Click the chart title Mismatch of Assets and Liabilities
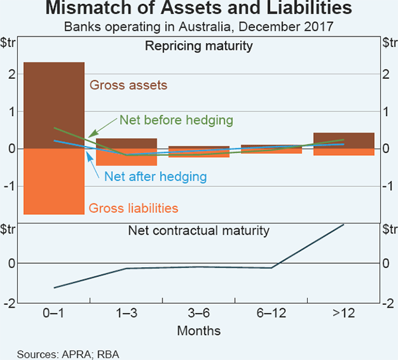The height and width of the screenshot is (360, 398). point(199,10)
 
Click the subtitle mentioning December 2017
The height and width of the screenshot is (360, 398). point(199,28)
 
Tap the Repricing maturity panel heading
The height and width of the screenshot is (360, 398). point(199,47)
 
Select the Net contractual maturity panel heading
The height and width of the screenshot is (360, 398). point(199,231)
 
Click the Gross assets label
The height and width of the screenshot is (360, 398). point(128,86)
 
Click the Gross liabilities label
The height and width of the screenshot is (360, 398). point(133,208)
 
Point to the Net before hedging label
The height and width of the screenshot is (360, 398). point(176,120)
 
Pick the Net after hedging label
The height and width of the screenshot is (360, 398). point(155,177)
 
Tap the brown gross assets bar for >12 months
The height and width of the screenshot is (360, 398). point(344,141)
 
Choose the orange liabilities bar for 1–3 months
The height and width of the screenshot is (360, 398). point(127,159)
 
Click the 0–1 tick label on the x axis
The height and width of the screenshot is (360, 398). point(54,314)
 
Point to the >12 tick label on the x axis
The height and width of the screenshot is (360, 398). point(344,314)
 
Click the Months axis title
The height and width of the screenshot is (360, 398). point(199,330)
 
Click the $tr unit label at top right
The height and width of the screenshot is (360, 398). point(388,43)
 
